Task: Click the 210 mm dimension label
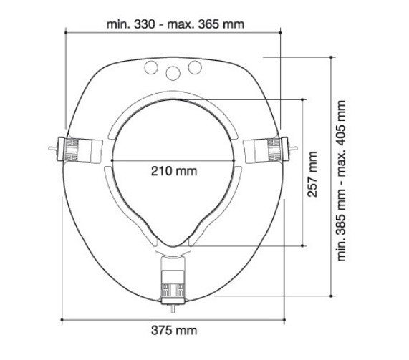click(x=174, y=171)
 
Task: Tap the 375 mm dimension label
click(x=174, y=331)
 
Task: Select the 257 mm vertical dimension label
click(x=312, y=174)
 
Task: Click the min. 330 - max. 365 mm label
click(x=175, y=24)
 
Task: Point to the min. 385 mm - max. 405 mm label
click(x=341, y=180)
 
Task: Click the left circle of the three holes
click(x=151, y=67)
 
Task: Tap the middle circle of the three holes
click(x=173, y=73)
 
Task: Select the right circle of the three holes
click(x=195, y=67)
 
